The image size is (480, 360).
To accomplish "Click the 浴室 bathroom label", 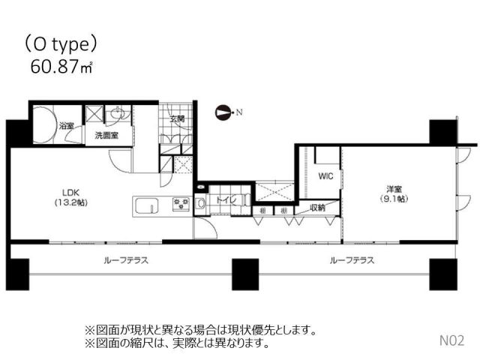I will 67,125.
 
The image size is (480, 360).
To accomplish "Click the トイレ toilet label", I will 226,200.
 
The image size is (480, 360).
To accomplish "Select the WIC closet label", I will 325,176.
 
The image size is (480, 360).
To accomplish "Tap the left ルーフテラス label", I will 125,261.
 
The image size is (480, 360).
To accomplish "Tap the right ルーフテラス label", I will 352,261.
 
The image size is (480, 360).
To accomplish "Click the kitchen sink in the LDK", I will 148,203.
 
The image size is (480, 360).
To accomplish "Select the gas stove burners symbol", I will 181,203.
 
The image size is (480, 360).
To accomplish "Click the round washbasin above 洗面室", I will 118,115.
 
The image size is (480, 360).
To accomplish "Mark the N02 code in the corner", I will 452,340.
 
